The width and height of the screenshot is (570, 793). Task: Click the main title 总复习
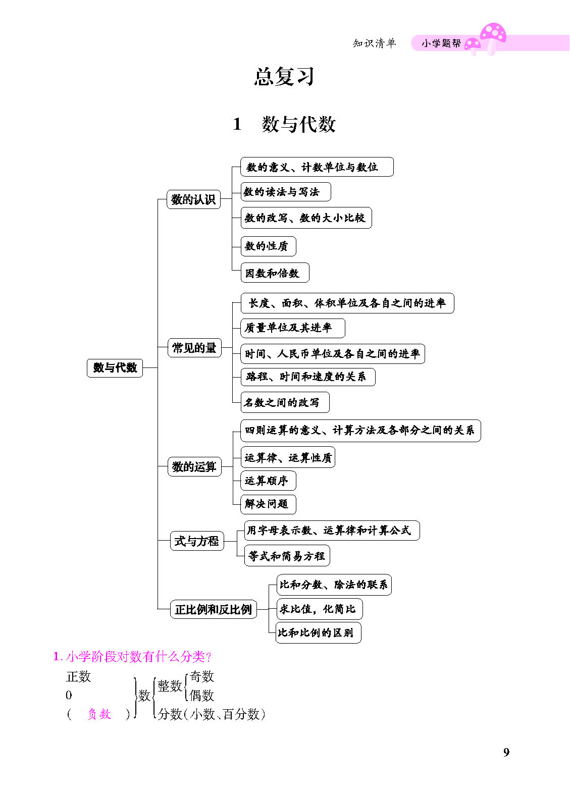pos(284,76)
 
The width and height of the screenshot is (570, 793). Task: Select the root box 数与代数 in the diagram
pos(115,367)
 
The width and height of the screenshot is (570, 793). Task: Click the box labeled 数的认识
pos(193,199)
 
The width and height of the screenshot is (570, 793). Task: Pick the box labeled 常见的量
pos(194,348)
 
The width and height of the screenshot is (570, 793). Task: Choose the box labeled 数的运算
pos(194,466)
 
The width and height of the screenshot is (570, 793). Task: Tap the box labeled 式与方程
pos(197,541)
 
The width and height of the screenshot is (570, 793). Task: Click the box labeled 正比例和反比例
pos(214,609)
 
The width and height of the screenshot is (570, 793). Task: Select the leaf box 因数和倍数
pos(275,273)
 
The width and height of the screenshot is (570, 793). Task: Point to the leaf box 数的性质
pos(269,246)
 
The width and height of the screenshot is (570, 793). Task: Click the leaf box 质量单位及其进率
pos(293,328)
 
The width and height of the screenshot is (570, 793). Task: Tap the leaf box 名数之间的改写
pos(285,402)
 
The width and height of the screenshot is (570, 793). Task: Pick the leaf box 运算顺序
pos(269,481)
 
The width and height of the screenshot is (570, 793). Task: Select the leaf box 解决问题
pos(269,504)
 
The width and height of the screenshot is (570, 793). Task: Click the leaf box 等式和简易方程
pos(287,556)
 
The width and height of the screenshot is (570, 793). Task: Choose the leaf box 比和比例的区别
pos(318,632)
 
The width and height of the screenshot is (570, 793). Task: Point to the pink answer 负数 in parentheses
pos(99,714)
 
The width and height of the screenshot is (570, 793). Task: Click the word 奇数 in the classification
pos(202,676)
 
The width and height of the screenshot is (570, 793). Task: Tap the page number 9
pos(506,752)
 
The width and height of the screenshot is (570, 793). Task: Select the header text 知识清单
pos(374,43)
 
